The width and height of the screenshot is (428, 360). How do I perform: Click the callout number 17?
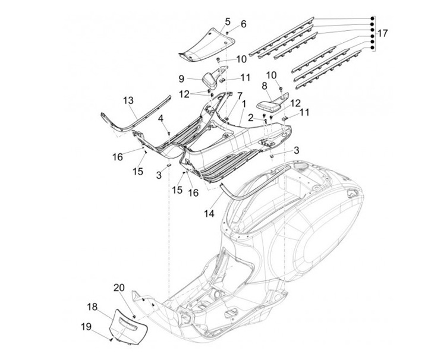382,33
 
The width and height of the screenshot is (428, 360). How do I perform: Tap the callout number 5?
228,21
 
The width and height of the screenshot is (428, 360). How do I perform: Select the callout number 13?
128,100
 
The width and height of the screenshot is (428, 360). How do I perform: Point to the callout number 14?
209,213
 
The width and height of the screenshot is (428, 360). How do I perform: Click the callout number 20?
119,288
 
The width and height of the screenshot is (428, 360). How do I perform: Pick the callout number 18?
92,307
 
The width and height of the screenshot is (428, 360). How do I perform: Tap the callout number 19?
86,327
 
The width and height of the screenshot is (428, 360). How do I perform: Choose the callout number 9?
181,79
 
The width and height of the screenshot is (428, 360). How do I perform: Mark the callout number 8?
264,86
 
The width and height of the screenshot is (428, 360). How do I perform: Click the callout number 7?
240,96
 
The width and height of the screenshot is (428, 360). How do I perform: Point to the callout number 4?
160,118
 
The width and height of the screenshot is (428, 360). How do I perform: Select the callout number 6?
243,24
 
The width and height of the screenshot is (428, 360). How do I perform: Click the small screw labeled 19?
111,340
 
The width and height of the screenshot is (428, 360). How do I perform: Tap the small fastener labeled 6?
227,33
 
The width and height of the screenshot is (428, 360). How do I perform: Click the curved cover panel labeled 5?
207,44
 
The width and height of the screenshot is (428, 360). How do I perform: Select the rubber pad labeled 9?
210,80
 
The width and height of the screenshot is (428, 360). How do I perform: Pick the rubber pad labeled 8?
267,106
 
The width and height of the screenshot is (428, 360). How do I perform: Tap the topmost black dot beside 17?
372,18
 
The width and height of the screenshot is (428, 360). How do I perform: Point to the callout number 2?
251,118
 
